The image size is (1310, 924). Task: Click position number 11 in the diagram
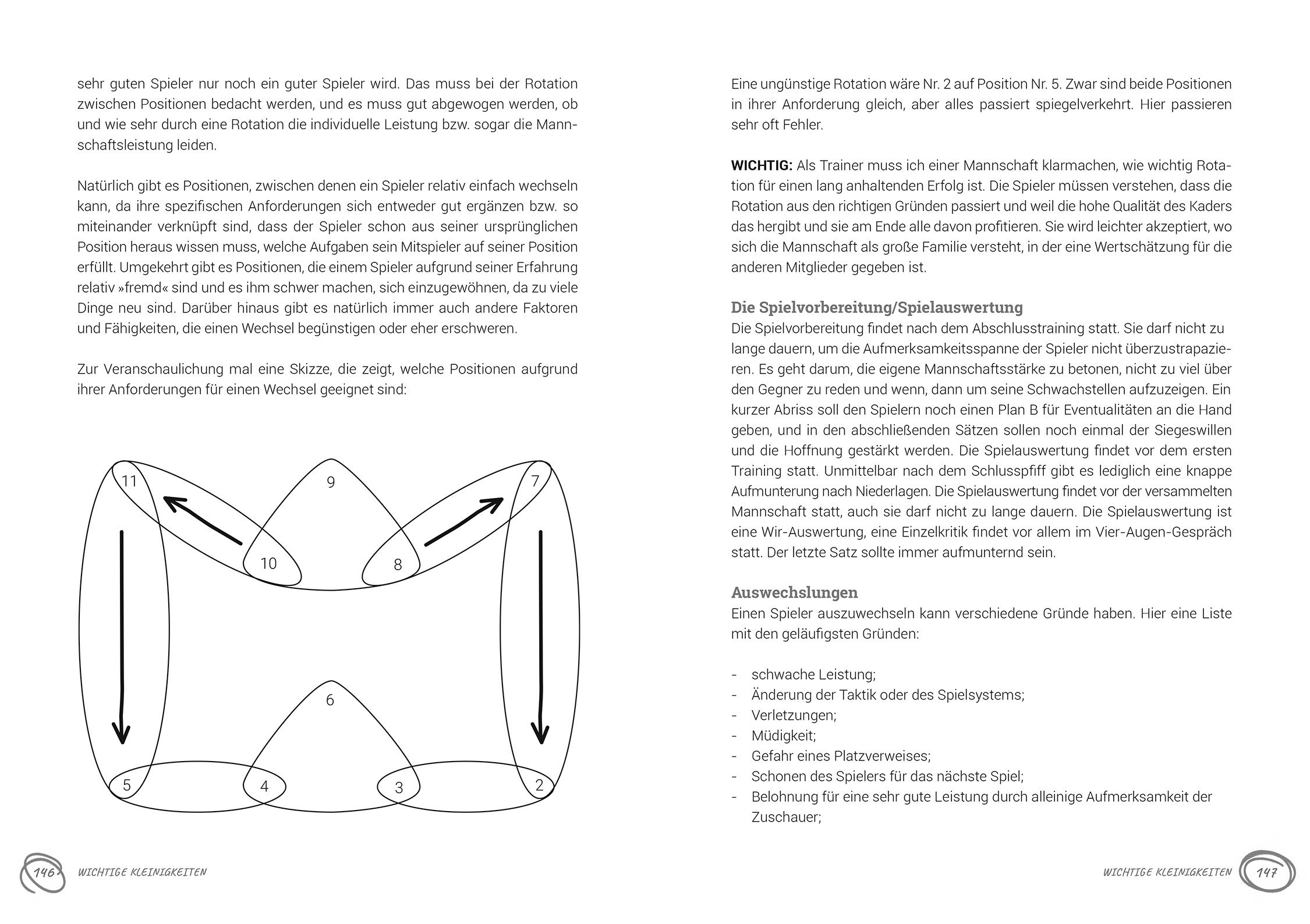(129, 481)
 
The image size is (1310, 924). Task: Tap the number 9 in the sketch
(331, 482)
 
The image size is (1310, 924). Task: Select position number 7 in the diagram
(535, 481)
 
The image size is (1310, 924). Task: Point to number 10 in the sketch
(268, 563)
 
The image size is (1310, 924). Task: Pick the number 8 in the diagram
(398, 564)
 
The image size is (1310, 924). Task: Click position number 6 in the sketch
(330, 700)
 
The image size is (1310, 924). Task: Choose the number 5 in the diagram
(127, 786)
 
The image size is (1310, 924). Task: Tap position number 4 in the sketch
(264, 787)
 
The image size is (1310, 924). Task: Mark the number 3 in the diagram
(399, 788)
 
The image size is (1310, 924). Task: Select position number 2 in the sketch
(539, 786)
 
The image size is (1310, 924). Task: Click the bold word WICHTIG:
(762, 166)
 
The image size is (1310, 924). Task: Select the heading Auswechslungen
(794, 592)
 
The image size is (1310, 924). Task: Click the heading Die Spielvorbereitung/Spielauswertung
(877, 307)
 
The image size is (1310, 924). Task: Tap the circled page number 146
(43, 873)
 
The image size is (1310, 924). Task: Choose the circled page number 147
(1267, 873)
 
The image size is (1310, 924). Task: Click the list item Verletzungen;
(794, 715)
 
